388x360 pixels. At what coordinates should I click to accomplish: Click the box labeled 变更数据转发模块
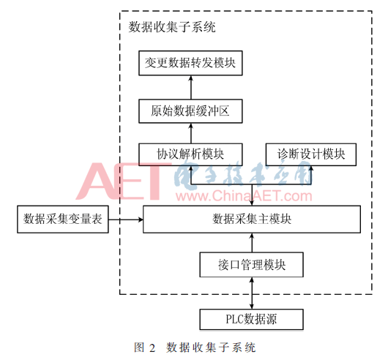click(190, 63)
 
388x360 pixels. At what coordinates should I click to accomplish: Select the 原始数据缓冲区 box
click(190, 111)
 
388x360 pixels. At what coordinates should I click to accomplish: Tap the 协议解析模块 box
click(190, 154)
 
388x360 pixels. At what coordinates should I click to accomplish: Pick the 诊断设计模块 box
click(311, 154)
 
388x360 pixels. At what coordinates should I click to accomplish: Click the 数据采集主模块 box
click(252, 219)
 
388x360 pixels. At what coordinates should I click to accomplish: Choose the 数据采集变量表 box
click(63, 219)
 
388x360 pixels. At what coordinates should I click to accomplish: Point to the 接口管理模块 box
click(252, 265)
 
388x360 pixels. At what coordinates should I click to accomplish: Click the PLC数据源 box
click(252, 319)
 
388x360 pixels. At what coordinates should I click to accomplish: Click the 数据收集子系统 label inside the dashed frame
click(172, 26)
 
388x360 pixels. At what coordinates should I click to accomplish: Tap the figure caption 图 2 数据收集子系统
click(195, 348)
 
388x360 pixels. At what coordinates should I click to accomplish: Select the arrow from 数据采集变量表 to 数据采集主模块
click(126, 220)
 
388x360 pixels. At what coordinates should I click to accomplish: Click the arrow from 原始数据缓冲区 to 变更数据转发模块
click(191, 88)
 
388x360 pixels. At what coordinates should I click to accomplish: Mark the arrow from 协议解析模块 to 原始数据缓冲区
click(191, 133)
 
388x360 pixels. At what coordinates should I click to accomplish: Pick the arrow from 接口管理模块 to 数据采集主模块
click(252, 243)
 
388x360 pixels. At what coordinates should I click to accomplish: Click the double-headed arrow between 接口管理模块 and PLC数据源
click(252, 293)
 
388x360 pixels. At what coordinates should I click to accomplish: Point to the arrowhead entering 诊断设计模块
click(311, 168)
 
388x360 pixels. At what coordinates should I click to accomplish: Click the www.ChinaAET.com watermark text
click(244, 195)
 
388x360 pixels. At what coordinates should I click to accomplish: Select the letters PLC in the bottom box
click(234, 319)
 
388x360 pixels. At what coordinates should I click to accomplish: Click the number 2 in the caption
click(152, 348)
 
